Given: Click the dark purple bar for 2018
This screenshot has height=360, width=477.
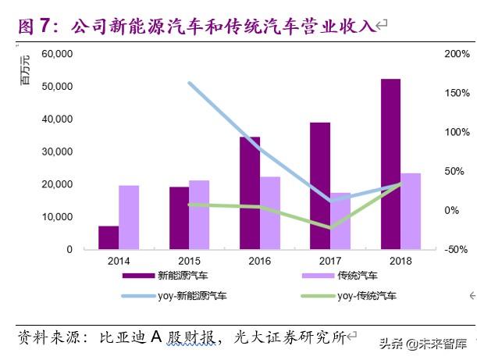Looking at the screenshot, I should tap(390, 164).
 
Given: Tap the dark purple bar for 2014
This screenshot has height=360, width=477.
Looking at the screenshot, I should tap(109, 237).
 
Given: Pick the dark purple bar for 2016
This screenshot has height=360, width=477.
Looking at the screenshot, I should tap(250, 193).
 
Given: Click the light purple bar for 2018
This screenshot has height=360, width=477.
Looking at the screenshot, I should tap(411, 211).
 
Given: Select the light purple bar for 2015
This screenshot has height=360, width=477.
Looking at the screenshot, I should tap(199, 215).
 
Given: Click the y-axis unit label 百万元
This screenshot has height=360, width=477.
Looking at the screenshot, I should tap(24, 70).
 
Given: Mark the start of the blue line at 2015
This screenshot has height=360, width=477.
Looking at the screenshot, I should tap(190, 82).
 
